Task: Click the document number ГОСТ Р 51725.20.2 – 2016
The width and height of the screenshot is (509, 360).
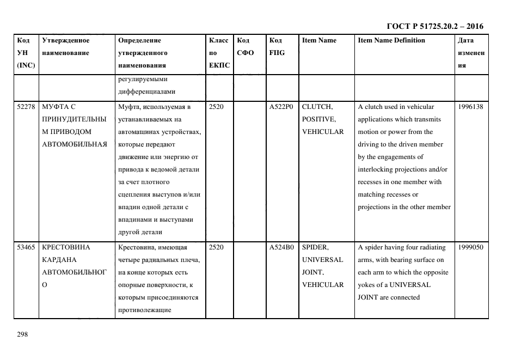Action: point(434,27)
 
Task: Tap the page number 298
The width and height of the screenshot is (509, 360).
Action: point(22,334)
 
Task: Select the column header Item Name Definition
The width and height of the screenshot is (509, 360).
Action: point(391,40)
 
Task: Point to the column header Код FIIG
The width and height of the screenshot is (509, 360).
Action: point(277,46)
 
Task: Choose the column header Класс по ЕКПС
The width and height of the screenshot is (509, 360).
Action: point(219,53)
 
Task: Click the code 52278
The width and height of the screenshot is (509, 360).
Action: point(26,107)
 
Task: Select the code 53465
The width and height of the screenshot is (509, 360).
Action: point(26,247)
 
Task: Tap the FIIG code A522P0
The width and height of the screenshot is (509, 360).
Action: point(281,107)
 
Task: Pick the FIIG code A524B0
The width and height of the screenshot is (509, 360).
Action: point(281,247)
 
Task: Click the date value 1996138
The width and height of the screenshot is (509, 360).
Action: point(471,107)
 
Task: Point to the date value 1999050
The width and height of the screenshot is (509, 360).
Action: point(471,247)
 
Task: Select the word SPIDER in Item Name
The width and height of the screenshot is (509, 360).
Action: point(315,247)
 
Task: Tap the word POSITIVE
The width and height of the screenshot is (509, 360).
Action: point(318,119)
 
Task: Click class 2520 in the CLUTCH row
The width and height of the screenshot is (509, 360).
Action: point(216,107)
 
